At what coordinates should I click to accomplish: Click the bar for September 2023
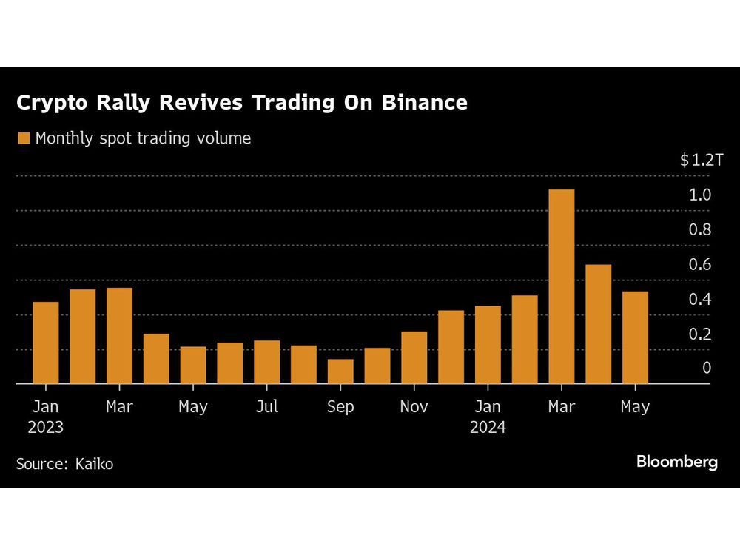point(340,371)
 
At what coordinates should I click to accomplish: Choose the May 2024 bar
point(635,337)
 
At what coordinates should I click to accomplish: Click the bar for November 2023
point(414,357)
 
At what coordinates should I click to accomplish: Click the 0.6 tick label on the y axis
point(700,264)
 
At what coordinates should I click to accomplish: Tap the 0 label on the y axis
point(707,368)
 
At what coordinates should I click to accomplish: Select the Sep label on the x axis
point(340,407)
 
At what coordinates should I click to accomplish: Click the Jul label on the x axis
point(267,407)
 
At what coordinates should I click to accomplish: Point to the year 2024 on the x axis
point(488,427)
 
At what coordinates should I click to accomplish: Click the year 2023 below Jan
point(46,427)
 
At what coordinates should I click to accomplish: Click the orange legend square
point(23,138)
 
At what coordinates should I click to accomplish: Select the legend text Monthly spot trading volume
point(143,138)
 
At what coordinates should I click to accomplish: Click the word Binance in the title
point(424,103)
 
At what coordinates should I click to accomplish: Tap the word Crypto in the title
point(50,103)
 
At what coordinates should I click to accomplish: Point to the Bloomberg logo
point(676,462)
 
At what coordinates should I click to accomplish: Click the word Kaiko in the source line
point(94,464)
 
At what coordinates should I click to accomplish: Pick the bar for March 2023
point(119,335)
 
